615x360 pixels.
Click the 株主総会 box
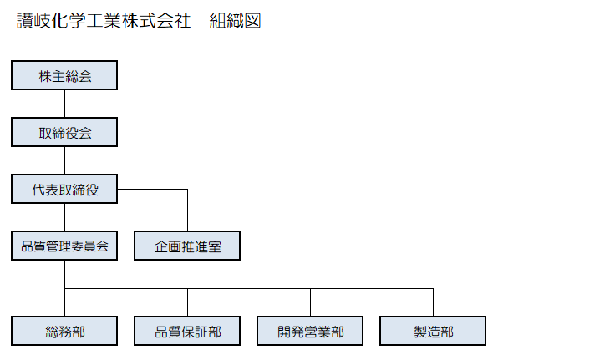click(x=64, y=75)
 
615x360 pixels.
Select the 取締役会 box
click(x=64, y=132)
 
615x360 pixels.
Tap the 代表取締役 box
click(x=64, y=189)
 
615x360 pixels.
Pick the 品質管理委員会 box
click(x=64, y=246)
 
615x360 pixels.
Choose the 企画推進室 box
click(x=187, y=246)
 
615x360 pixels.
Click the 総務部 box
click(x=64, y=331)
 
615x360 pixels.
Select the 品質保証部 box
click(x=187, y=331)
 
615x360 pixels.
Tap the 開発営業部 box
click(x=310, y=331)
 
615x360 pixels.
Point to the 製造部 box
click(x=433, y=331)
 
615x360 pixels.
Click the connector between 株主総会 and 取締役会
click(x=64, y=104)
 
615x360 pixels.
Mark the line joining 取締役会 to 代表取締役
click(x=64, y=160)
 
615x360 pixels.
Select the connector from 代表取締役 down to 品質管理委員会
click(x=64, y=218)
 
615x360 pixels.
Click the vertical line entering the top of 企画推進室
click(x=187, y=210)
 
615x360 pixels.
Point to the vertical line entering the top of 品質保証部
click(x=187, y=302)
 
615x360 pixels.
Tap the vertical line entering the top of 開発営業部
click(x=310, y=302)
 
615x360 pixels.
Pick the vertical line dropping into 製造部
click(x=433, y=302)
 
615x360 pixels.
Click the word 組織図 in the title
click(x=235, y=21)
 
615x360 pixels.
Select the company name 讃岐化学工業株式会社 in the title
click(x=104, y=21)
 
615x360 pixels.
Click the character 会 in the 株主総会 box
click(x=85, y=76)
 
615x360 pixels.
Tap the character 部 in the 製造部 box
click(x=447, y=332)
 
